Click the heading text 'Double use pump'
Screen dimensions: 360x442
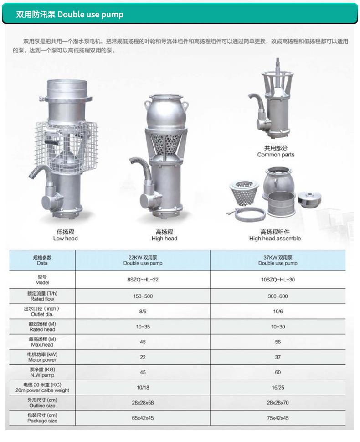point(90,15)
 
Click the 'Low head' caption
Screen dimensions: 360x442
point(65,239)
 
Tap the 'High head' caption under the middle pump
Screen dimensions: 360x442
point(165,239)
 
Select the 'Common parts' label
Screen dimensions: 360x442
point(276,155)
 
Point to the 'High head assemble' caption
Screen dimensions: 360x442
point(275,239)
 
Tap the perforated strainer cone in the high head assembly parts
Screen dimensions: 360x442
point(244,193)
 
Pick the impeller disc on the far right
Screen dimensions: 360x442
point(309,199)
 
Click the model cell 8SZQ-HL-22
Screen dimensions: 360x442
point(143,280)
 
